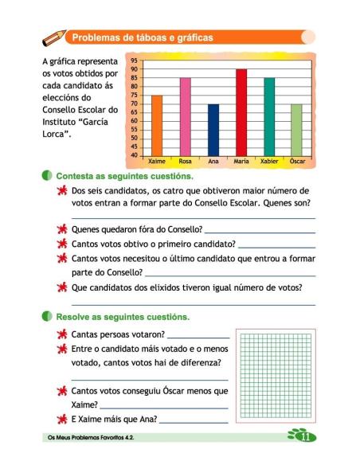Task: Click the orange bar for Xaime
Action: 157,125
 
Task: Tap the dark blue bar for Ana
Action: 213,130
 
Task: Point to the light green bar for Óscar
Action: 297,130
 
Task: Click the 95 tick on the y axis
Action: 134,61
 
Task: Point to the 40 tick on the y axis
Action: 134,154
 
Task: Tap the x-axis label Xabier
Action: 269,162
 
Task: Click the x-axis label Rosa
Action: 185,162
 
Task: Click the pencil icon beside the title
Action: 54,37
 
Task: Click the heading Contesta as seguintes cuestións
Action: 123,175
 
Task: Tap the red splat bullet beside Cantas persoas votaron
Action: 61,334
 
